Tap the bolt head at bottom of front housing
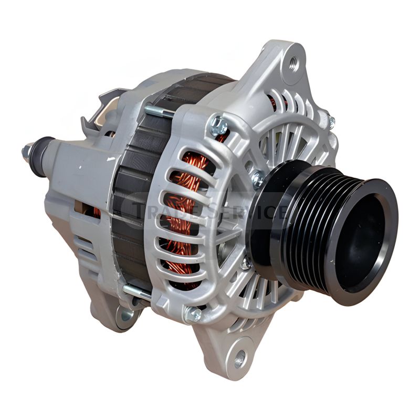(x=193, y=314)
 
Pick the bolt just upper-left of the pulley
(x=257, y=180)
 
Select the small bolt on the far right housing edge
(x=331, y=122)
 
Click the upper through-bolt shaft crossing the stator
(x=157, y=111)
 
